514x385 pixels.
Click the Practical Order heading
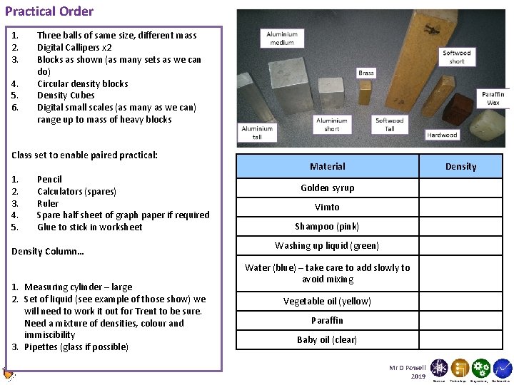pyautogui.click(x=49, y=11)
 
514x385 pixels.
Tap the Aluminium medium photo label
pyautogui.click(x=282, y=38)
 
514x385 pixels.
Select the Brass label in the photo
pyautogui.click(x=366, y=73)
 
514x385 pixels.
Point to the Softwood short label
pyautogui.click(x=456, y=57)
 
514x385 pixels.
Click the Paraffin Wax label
pyautogui.click(x=493, y=98)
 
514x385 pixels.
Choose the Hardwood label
pyautogui.click(x=443, y=135)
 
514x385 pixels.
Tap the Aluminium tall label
pyautogui.click(x=257, y=133)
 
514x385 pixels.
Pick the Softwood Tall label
pyautogui.click(x=390, y=124)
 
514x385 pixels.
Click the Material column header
pyautogui.click(x=327, y=167)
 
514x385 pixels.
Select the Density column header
pyautogui.click(x=460, y=167)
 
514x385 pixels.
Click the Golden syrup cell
pyautogui.click(x=327, y=188)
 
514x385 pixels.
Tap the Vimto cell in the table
pyautogui.click(x=327, y=207)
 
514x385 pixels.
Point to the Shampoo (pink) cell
pyautogui.click(x=327, y=227)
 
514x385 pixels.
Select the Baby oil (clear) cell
pyautogui.click(x=327, y=340)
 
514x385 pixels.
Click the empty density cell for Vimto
pyautogui.click(x=460, y=207)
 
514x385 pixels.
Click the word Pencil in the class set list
pyautogui.click(x=49, y=180)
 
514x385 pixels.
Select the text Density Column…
pyautogui.click(x=48, y=252)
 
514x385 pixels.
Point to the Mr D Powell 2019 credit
pyautogui.click(x=408, y=371)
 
